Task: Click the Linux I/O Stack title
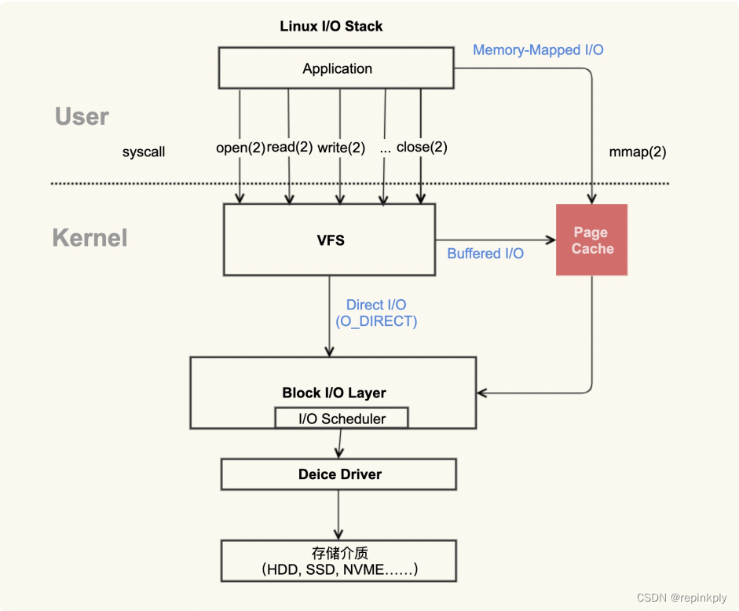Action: (x=331, y=26)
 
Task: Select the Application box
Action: (x=336, y=68)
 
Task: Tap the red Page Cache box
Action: (x=591, y=240)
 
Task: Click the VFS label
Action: (x=331, y=240)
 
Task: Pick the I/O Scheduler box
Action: (x=342, y=418)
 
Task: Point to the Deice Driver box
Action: (x=338, y=474)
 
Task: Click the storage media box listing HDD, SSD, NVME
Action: (x=338, y=561)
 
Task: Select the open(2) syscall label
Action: (x=240, y=148)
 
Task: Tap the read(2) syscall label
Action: (x=289, y=147)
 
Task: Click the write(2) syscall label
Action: (x=341, y=148)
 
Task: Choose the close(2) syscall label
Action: (x=422, y=147)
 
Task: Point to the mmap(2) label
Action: (x=637, y=152)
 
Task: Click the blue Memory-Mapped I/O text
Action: (x=538, y=50)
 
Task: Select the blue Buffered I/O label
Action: (x=485, y=254)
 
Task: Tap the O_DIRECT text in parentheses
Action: (x=376, y=321)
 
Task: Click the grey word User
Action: (x=82, y=116)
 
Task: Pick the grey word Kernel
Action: (x=90, y=237)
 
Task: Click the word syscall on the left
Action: (x=144, y=152)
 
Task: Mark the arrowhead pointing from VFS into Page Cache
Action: (x=551, y=240)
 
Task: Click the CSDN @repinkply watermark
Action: (x=682, y=598)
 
